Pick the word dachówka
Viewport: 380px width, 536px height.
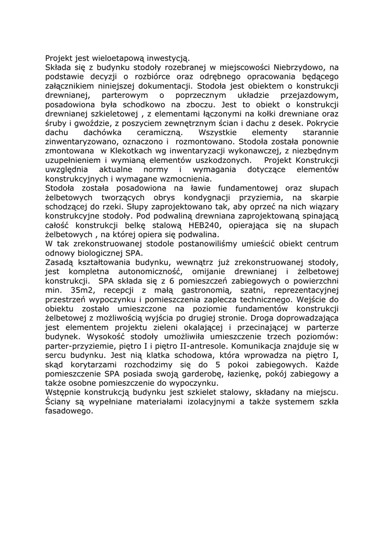(104, 132)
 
